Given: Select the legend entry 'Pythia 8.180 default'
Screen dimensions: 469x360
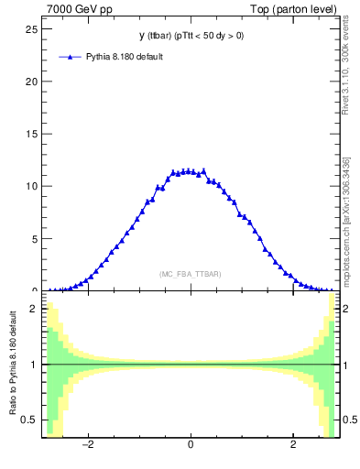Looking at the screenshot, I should pos(125,57).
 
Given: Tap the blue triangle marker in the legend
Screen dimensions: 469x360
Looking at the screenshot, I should pos(71,57).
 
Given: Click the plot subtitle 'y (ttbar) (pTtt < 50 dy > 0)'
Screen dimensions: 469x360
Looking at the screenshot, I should pos(191,36).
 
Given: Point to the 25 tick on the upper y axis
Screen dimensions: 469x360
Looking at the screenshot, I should pos(32,28).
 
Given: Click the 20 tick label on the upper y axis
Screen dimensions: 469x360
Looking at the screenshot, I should pos(32,81).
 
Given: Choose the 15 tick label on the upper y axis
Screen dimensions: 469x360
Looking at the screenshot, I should pos(32,134).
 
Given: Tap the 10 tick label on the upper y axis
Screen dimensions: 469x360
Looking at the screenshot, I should pos(32,186).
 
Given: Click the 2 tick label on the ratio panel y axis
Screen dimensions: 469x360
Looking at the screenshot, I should pos(35,309).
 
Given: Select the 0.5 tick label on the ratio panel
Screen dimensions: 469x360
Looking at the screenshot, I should pos(30,420).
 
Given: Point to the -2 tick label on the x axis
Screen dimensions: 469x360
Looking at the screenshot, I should pos(88,446).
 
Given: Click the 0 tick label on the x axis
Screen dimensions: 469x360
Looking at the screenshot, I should pos(191,446).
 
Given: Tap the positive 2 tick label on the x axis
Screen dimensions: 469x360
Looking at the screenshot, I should pos(293,446).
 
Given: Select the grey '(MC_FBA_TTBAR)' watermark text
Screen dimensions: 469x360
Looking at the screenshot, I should pos(191,274).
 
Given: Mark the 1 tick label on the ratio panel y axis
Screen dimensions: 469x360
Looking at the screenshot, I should pos(35,365).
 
